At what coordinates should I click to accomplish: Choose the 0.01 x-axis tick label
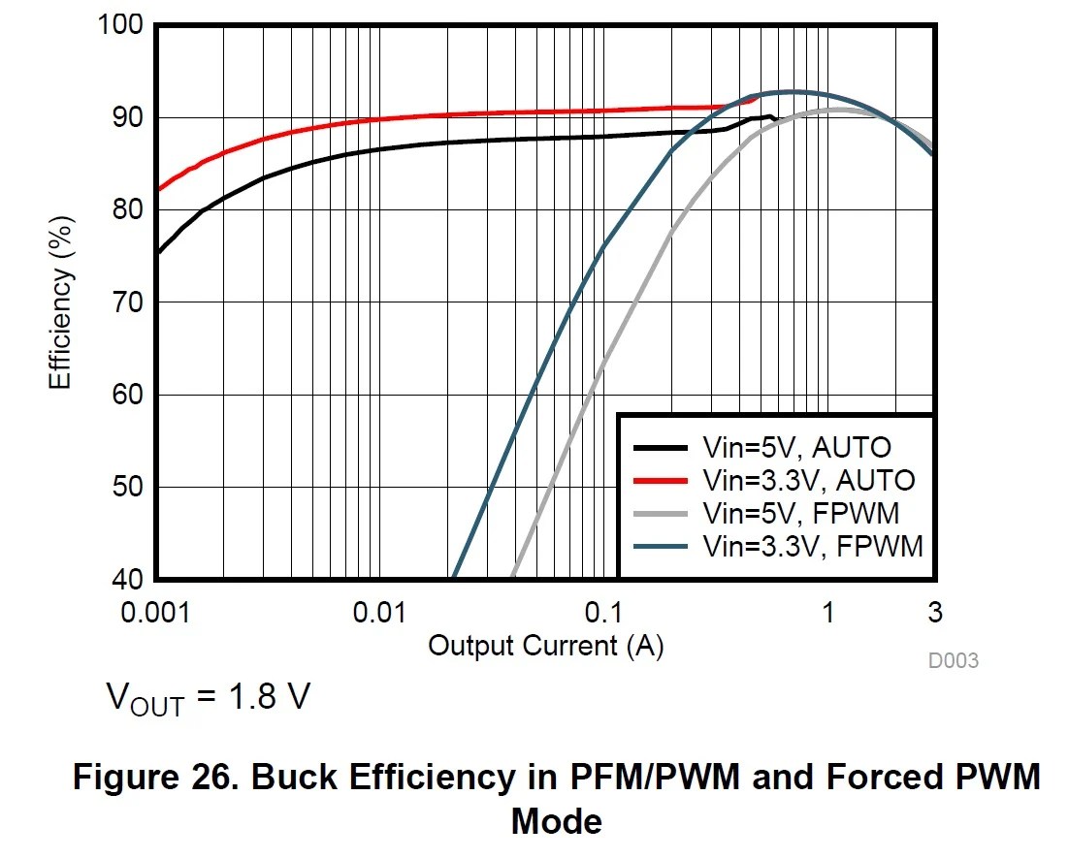(x=379, y=613)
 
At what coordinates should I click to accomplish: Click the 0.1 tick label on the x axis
(x=603, y=613)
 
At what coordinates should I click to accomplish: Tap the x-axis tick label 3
(x=934, y=613)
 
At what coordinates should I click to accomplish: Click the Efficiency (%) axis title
(x=61, y=302)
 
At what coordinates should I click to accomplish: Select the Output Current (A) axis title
(x=545, y=645)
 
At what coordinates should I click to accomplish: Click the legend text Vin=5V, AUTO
(x=796, y=447)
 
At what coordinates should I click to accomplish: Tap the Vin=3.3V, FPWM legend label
(x=812, y=546)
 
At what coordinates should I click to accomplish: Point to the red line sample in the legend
(x=661, y=480)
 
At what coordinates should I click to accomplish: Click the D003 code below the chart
(x=953, y=661)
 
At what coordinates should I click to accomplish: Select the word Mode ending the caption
(x=556, y=821)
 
